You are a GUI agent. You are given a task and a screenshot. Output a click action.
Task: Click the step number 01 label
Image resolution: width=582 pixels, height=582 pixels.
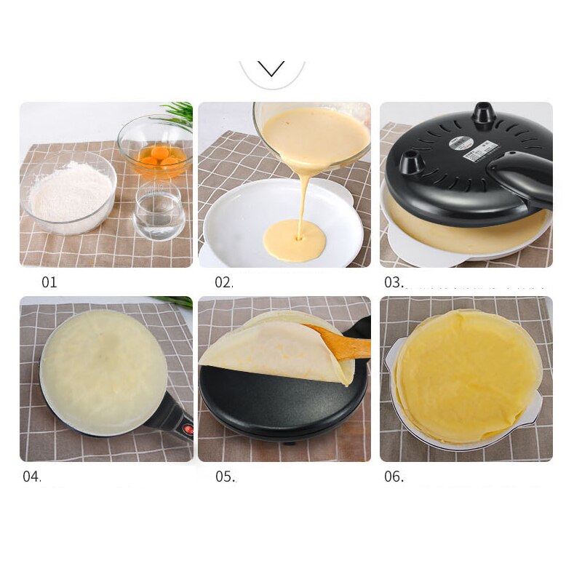[x=49, y=282]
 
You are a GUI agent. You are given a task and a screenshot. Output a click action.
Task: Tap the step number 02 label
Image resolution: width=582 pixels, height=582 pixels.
[x=224, y=282]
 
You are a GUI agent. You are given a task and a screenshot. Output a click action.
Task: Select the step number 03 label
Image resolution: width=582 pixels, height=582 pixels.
[x=394, y=282]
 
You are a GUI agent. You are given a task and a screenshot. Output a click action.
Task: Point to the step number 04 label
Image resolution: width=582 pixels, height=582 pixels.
[x=32, y=477]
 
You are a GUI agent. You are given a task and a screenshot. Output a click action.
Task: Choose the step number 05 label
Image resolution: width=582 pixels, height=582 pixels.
[x=225, y=477]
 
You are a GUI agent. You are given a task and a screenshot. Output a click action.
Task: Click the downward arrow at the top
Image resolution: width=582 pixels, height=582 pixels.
[x=271, y=69]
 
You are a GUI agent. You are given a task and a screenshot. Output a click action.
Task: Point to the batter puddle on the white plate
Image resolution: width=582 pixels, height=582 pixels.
[x=294, y=242]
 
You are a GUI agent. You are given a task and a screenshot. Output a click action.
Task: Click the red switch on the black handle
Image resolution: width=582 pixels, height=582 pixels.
[x=188, y=430]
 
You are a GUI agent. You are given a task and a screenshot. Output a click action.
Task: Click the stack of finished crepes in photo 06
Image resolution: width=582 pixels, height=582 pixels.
[x=466, y=375]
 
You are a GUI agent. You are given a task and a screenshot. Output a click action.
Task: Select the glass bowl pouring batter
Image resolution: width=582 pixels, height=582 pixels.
[x=313, y=135]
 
